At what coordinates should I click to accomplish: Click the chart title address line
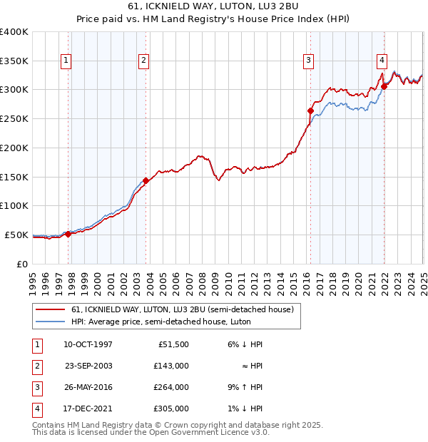[214, 9]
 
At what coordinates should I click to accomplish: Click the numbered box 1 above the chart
[66, 61]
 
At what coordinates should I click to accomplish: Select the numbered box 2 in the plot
[143, 61]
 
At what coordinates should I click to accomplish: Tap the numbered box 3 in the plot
[309, 61]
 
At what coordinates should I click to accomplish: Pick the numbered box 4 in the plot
[382, 61]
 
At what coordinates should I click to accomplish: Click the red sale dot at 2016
[310, 110]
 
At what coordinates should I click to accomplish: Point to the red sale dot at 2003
[146, 180]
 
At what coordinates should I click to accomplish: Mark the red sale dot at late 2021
[384, 87]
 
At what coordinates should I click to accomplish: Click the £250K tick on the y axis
[14, 118]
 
